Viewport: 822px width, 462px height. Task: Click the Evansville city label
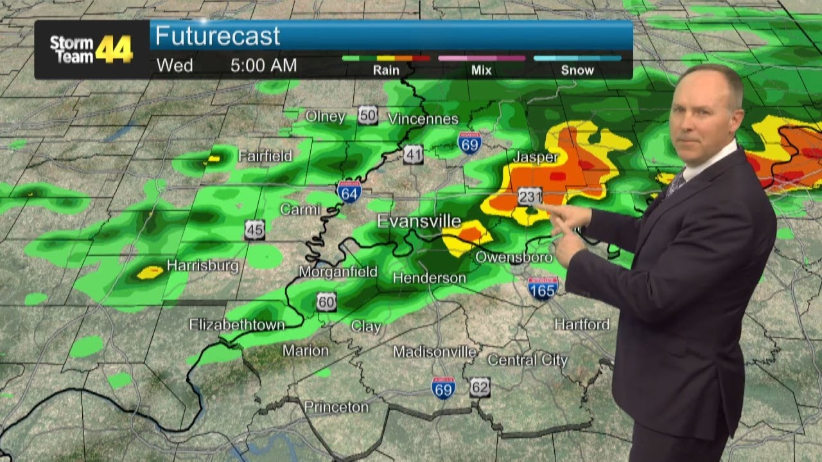click(419, 221)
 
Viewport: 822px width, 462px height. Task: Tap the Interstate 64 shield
click(349, 192)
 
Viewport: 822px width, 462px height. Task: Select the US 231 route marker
click(530, 196)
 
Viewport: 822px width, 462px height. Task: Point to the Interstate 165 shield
click(543, 288)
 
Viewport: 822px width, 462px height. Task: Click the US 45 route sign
click(254, 230)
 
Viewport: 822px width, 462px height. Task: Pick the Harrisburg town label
click(203, 266)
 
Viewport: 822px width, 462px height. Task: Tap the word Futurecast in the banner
click(218, 36)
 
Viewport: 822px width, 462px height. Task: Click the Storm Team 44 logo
click(91, 49)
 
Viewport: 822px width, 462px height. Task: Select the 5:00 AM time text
click(263, 65)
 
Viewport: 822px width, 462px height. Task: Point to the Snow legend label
click(577, 71)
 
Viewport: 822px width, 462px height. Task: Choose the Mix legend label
click(481, 71)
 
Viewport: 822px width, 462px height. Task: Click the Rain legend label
click(386, 71)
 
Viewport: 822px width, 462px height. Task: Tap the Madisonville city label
click(435, 352)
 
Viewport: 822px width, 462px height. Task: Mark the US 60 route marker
click(326, 302)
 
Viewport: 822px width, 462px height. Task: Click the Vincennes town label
click(423, 119)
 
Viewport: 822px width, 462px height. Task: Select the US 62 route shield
click(480, 386)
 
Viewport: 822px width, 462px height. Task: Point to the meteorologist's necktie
click(676, 185)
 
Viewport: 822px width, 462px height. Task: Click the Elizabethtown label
click(237, 325)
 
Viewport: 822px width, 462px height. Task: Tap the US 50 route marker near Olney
click(367, 115)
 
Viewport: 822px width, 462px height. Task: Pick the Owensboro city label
click(514, 257)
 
